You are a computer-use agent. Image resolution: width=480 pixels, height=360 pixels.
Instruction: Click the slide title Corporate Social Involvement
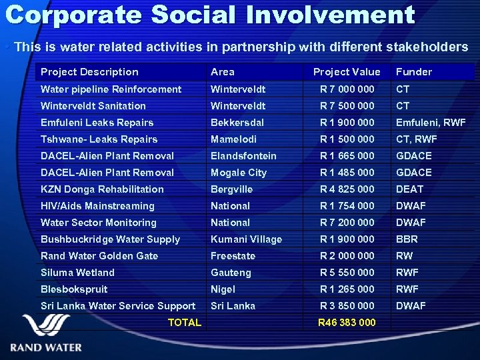209,15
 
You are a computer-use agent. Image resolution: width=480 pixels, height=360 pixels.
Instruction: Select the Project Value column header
347,72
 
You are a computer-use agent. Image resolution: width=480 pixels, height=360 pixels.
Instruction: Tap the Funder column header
413,72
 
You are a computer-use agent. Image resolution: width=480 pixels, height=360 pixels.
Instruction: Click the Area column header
223,72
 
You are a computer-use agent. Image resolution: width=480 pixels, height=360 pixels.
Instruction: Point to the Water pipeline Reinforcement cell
111,89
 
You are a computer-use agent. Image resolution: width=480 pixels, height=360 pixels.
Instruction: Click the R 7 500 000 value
347,106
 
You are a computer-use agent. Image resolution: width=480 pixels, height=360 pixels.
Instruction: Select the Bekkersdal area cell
237,123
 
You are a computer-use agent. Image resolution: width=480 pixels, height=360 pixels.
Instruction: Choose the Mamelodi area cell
234,139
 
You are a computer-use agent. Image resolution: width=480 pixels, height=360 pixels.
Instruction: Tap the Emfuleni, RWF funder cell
431,123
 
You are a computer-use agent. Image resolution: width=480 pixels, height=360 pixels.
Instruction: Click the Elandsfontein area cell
243,156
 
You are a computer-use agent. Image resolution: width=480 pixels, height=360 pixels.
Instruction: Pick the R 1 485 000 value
347,173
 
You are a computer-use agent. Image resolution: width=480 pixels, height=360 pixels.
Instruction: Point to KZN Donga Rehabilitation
102,189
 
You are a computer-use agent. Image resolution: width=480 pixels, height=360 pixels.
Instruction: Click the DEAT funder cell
410,189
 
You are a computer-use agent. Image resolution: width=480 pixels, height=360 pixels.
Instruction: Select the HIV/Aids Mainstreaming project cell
97,206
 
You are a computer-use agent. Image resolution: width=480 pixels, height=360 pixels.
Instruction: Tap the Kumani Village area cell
246,239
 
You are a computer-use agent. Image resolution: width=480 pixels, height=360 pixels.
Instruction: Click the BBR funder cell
407,239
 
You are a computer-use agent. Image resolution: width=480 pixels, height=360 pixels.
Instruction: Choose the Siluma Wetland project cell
77,273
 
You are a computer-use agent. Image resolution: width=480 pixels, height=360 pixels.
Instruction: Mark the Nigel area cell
223,289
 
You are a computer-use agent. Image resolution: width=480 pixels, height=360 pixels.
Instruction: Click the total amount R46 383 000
347,323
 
